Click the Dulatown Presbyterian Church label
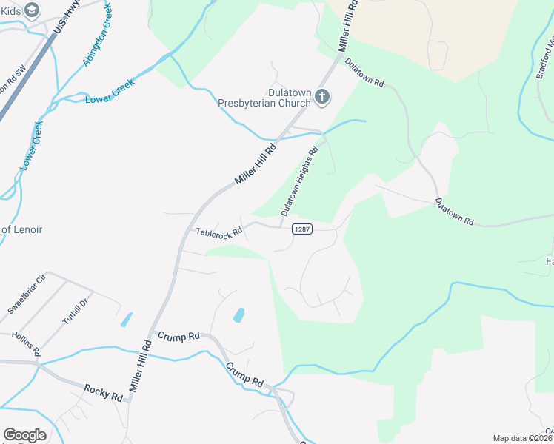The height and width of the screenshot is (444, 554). pos(264,98)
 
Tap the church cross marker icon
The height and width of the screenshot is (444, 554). pos(322,96)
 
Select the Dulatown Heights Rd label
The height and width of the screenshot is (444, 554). pos(299,181)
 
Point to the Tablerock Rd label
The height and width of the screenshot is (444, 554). pos(218,232)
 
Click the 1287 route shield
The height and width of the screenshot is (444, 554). pos(301,229)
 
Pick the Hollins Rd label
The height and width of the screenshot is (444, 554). pos(26,345)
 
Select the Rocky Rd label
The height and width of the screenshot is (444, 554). pos(103,391)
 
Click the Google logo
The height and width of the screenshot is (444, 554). pos(24,435)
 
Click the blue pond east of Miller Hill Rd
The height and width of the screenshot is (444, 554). pos(239,314)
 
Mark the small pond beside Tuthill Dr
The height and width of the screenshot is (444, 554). pos(126,320)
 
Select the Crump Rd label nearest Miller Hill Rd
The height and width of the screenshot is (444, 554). pos(178,336)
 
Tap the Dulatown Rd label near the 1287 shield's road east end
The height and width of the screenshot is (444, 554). pos(454,211)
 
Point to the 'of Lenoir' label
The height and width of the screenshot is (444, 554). pos(21,229)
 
